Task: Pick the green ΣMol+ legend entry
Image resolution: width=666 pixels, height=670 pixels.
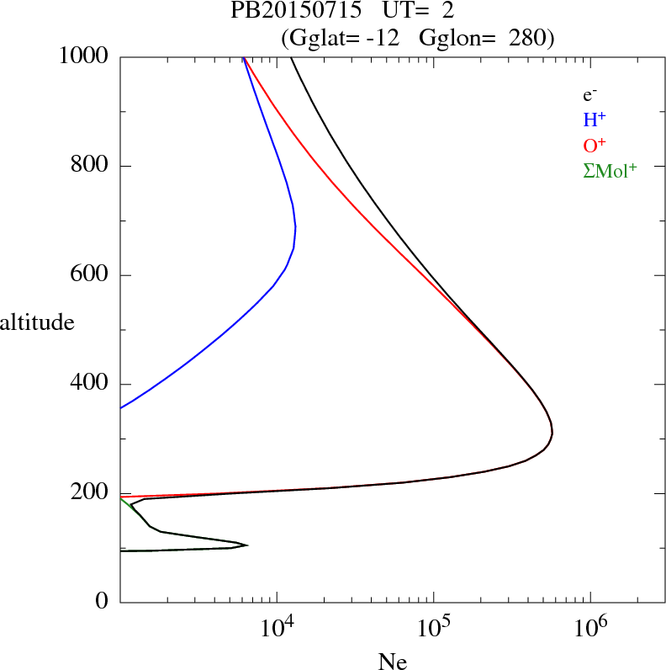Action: point(610,170)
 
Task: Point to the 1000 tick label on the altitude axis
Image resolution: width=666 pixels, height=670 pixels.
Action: point(84,56)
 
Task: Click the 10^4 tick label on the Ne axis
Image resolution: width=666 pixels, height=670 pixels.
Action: point(277,627)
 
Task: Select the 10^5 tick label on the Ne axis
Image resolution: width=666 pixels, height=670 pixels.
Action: point(434,627)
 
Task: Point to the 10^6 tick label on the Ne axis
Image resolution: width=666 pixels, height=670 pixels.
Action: point(590,627)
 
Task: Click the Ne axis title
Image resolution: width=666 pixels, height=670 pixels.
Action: point(393,661)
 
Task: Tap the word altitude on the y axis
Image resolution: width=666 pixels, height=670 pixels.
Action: point(37,322)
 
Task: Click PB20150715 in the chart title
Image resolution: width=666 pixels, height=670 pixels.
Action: point(284,12)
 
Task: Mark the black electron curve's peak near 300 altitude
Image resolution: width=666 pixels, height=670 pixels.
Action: point(552,433)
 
